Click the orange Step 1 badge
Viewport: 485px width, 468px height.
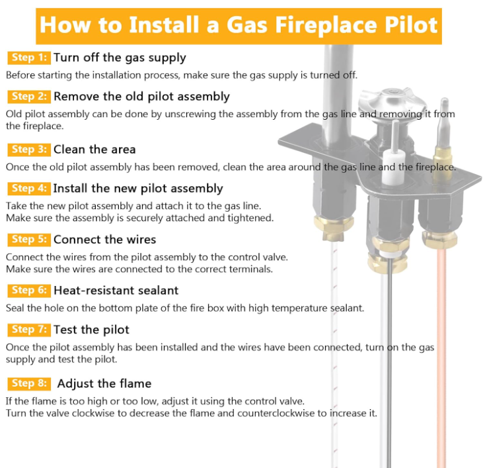pyautogui.click(x=29, y=58)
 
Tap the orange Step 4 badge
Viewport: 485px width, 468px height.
pyautogui.click(x=29, y=189)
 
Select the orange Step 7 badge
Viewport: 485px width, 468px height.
pyautogui.click(x=29, y=330)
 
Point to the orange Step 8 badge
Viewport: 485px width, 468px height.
pyautogui.click(x=29, y=384)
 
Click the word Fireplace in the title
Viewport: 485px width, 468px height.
pyautogui.click(x=326, y=25)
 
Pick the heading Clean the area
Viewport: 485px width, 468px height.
pyautogui.click(x=94, y=150)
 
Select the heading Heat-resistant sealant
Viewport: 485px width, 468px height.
pyautogui.click(x=116, y=291)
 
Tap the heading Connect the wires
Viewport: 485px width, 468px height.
pyautogui.click(x=105, y=240)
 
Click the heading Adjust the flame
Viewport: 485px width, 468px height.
pyautogui.click(x=104, y=384)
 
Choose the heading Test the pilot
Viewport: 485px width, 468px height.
pyautogui.click(x=91, y=330)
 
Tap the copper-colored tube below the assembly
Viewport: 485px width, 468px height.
pyautogui.click(x=441, y=356)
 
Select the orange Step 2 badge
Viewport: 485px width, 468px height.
pyautogui.click(x=29, y=97)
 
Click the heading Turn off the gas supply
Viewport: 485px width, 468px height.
pyautogui.click(x=120, y=58)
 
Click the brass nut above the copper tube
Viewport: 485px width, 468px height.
pyautogui.click(x=440, y=239)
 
